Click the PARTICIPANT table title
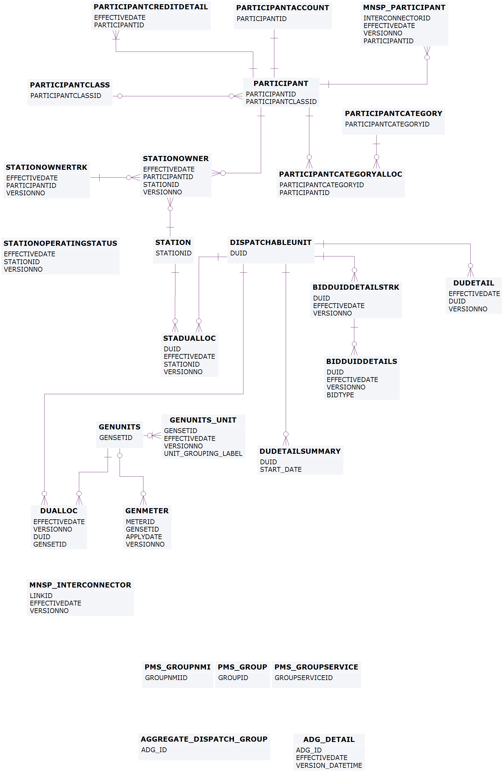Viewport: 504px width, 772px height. [281, 83]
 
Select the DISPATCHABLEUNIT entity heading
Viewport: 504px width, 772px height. [271, 242]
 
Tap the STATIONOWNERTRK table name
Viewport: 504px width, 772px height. [46, 167]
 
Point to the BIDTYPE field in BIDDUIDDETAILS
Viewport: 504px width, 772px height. [340, 395]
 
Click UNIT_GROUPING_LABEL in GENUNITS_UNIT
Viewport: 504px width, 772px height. [203, 453]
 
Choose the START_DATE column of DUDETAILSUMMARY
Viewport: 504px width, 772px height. [281, 469]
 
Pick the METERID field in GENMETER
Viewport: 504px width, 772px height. [140, 522]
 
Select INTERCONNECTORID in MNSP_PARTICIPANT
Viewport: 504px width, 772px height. [397, 18]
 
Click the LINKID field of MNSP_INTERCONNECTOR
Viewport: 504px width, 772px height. [41, 596]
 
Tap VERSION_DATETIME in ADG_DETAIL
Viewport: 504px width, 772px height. [329, 765]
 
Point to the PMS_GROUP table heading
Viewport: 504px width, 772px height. [242, 667]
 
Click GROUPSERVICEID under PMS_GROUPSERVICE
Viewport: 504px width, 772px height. [303, 678]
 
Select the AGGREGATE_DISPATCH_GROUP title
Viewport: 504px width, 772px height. [204, 739]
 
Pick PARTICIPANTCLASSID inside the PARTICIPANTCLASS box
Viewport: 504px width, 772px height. [66, 96]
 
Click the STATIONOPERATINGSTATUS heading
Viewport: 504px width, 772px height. [60, 243]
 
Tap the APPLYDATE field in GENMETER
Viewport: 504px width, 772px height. [144, 537]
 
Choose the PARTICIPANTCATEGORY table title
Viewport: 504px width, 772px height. [393, 114]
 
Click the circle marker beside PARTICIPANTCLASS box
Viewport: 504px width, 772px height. [120, 96]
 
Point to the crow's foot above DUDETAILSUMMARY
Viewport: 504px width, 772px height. [286, 441]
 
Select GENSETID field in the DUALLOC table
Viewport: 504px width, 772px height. [50, 544]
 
